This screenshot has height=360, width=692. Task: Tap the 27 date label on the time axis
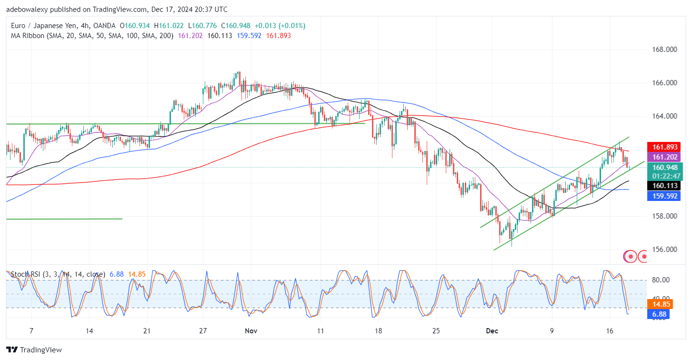(x=203, y=330)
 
